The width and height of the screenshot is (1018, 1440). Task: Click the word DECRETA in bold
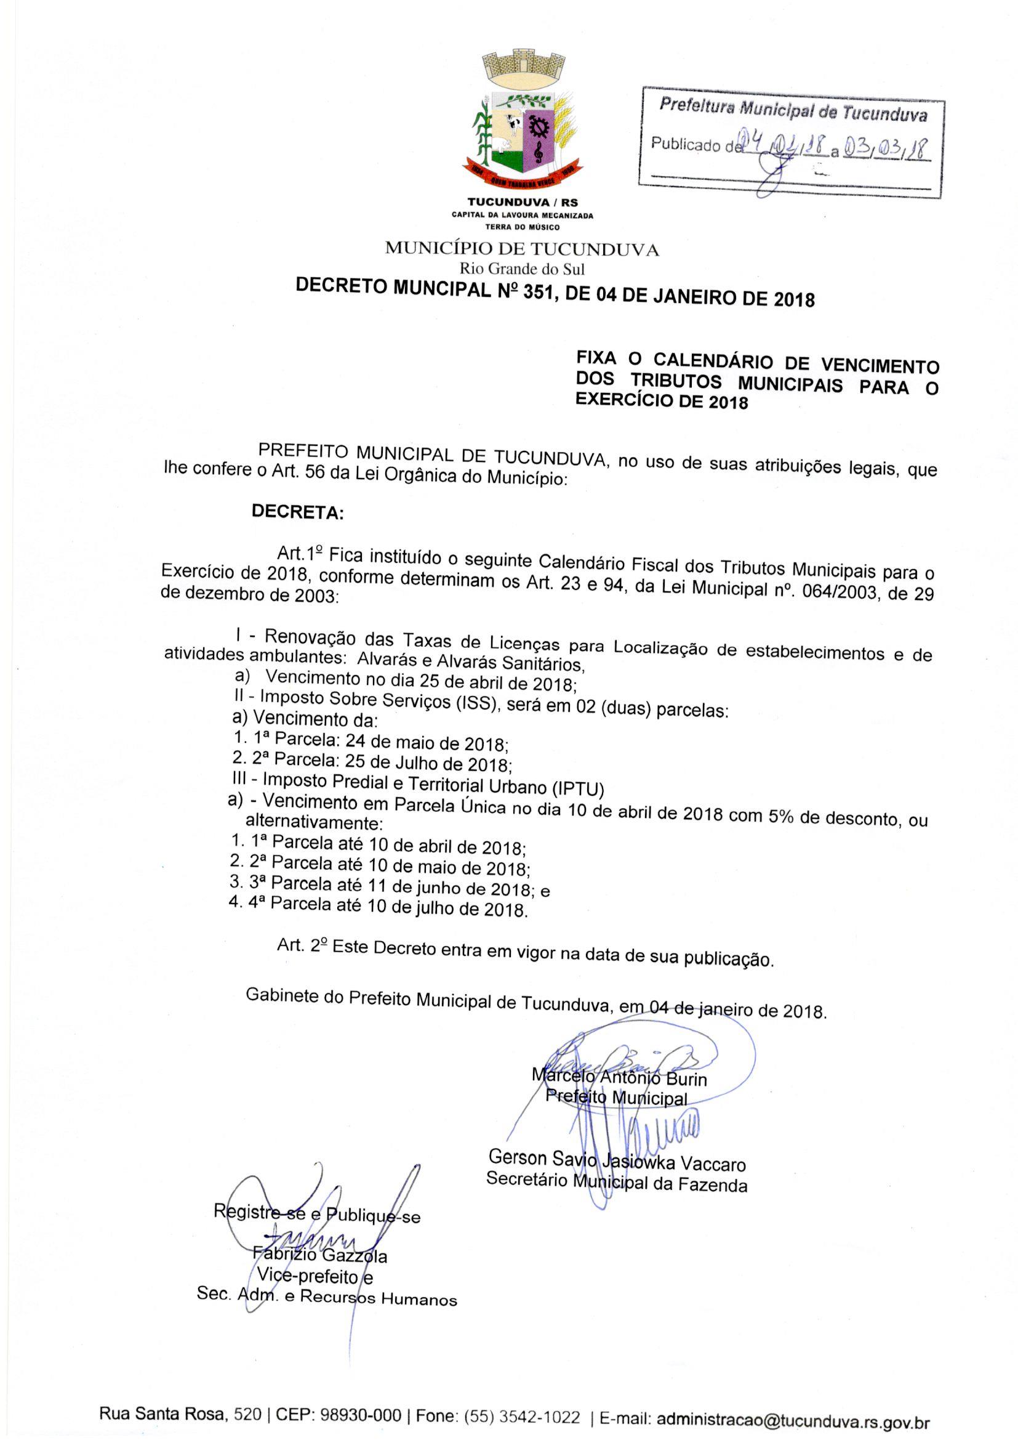(x=298, y=512)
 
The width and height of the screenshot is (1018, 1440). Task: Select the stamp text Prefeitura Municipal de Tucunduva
(x=792, y=110)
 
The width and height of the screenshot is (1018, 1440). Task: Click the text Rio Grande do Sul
(x=522, y=269)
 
